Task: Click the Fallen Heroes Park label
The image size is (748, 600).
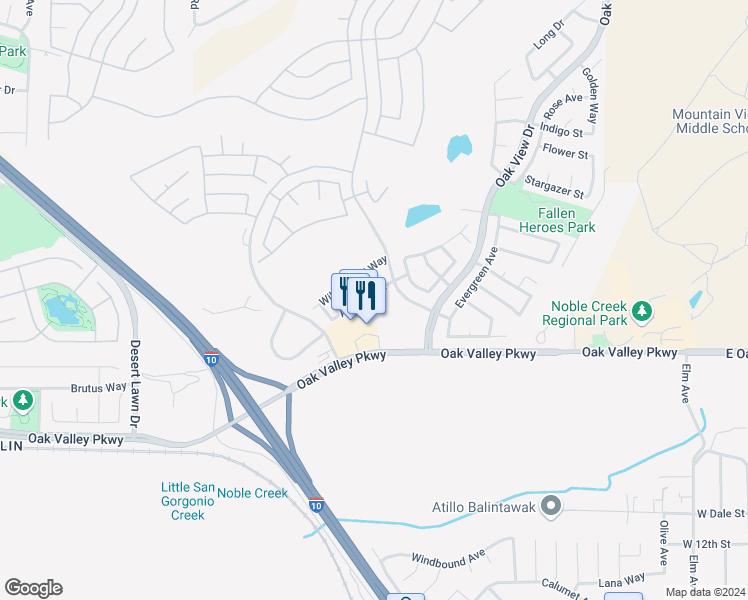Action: (566, 220)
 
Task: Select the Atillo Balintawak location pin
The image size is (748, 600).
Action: (550, 507)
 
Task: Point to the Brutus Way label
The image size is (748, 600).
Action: (99, 388)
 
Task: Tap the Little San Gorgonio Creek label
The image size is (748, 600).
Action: (189, 501)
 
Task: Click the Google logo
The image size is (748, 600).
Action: (33, 588)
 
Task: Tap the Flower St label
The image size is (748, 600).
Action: (565, 153)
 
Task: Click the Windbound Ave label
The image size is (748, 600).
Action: (448, 553)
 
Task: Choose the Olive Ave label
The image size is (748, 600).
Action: (663, 542)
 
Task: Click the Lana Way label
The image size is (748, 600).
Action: (620, 579)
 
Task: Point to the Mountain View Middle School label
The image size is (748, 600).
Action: (709, 121)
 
